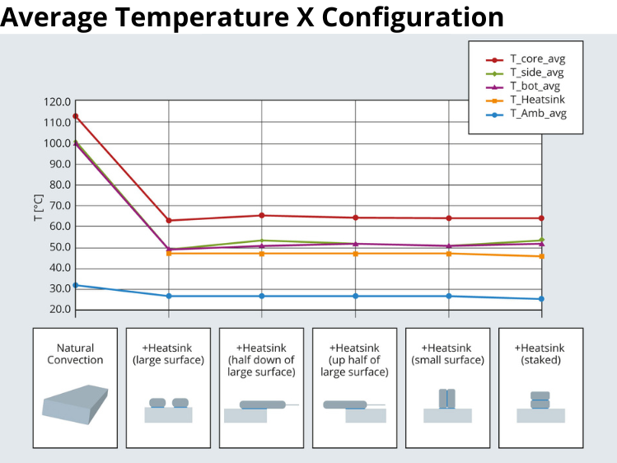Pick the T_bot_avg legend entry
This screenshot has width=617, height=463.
click(536, 87)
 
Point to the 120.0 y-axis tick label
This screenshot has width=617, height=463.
click(57, 102)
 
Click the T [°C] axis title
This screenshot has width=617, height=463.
click(38, 206)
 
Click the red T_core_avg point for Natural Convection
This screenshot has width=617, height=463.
click(76, 116)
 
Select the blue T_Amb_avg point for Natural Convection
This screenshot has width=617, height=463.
click(76, 285)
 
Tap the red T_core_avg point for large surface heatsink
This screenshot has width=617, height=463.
click(169, 221)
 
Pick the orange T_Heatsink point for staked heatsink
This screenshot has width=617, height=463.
click(541, 256)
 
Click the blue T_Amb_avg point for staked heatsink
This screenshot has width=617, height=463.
click(541, 299)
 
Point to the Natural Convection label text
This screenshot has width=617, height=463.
click(75, 353)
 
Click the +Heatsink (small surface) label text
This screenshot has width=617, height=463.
click(447, 353)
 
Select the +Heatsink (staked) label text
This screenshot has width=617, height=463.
click(540, 353)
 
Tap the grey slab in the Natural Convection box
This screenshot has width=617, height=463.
click(75, 404)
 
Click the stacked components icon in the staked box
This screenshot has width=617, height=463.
click(540, 400)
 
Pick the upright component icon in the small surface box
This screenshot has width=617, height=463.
click(447, 399)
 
